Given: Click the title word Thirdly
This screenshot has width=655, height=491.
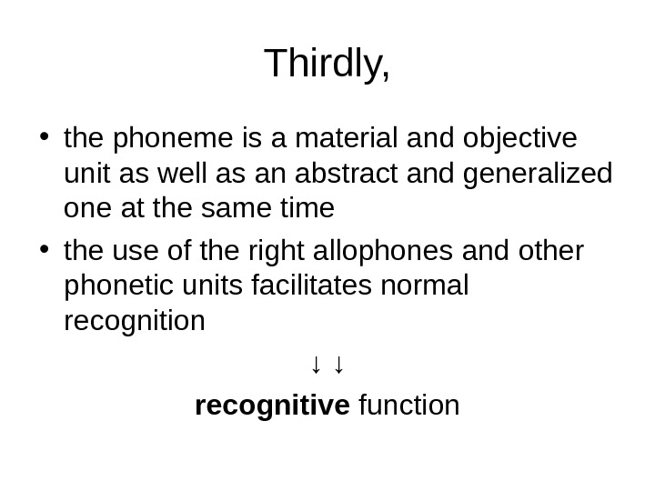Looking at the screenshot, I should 327,65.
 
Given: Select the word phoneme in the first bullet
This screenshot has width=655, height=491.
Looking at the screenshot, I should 169,138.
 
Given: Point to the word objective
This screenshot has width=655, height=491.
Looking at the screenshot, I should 519,138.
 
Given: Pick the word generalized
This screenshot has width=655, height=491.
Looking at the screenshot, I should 538,174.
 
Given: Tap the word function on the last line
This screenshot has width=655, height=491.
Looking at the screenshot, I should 409,405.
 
